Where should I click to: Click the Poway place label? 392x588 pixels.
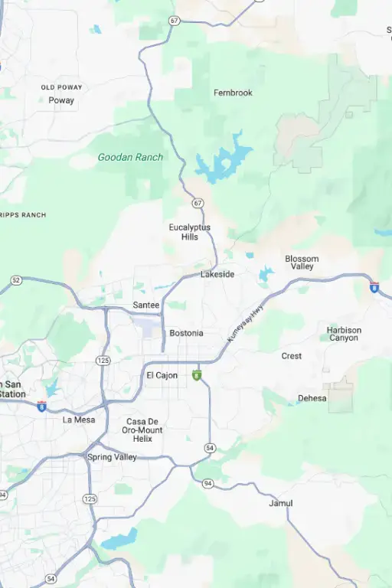pyautogui.click(x=61, y=100)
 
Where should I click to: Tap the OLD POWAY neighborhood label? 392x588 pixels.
pyautogui.click(x=61, y=87)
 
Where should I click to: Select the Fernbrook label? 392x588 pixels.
pyautogui.click(x=233, y=93)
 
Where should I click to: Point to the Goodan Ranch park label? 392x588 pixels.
pyautogui.click(x=130, y=157)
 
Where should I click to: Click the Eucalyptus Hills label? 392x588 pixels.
pyautogui.click(x=190, y=232)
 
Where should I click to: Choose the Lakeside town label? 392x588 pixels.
pyautogui.click(x=217, y=274)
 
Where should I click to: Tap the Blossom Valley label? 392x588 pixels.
pyautogui.click(x=302, y=263)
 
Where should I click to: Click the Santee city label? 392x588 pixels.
pyautogui.click(x=146, y=305)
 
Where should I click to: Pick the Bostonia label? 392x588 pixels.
pyautogui.click(x=186, y=333)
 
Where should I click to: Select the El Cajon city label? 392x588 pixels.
pyautogui.click(x=162, y=375)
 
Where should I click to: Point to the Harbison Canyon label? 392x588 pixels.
pyautogui.click(x=344, y=334)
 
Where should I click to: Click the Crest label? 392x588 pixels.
pyautogui.click(x=291, y=356)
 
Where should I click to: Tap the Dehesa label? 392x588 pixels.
pyautogui.click(x=312, y=398)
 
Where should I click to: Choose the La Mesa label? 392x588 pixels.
pyautogui.click(x=79, y=420)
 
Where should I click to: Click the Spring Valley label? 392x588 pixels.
pyautogui.click(x=112, y=457)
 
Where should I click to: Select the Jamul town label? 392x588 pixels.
pyautogui.click(x=280, y=503)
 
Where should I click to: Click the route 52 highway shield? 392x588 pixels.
pyautogui.click(x=15, y=281)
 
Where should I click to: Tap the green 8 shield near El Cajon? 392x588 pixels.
pyautogui.click(x=197, y=375)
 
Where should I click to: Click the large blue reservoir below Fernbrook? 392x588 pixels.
pyautogui.click(x=222, y=161)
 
